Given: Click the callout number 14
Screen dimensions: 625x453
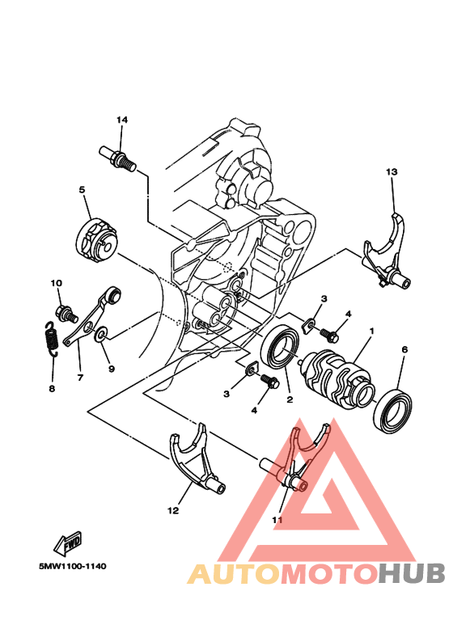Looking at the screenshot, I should [122, 120].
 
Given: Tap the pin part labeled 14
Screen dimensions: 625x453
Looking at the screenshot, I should [116, 155].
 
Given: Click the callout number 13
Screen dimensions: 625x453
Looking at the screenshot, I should [392, 172].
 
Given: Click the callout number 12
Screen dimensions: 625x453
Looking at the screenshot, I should [172, 510].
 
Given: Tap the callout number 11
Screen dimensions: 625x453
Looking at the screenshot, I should [277, 520].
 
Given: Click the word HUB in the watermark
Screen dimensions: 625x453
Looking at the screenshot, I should [412, 573].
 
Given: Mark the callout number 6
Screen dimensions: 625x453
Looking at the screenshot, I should [404, 349].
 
